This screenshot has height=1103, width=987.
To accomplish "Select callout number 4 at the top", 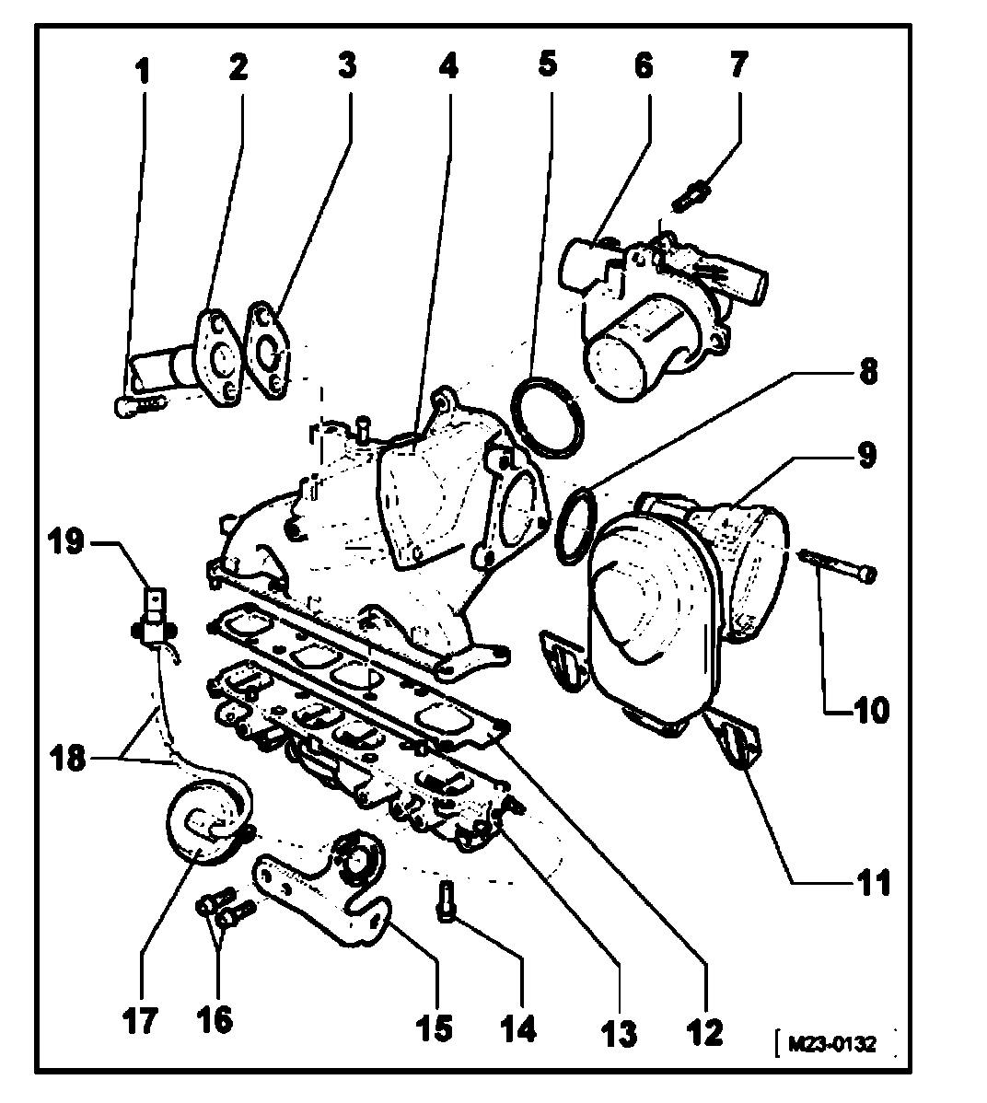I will [x=447, y=66].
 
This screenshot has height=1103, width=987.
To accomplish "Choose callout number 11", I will [x=871, y=883].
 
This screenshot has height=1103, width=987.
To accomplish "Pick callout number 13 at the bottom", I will [x=621, y=1032].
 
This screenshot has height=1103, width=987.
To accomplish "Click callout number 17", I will [x=140, y=1019].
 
